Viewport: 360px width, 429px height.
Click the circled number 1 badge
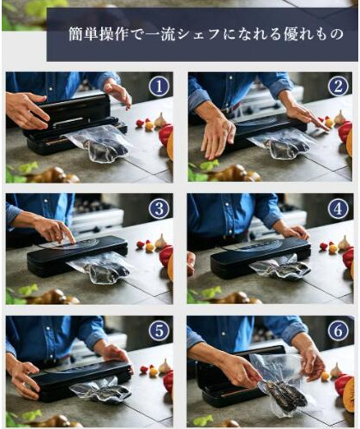(x=159, y=87)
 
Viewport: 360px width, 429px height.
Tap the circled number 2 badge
(x=338, y=87)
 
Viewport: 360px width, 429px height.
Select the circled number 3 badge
(x=159, y=208)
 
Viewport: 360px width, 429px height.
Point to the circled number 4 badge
(x=338, y=208)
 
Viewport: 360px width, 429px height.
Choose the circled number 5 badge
(x=159, y=331)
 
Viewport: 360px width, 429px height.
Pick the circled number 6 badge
(x=338, y=331)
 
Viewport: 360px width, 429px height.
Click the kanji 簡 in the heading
(x=75, y=34)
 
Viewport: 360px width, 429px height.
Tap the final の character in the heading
(x=336, y=34)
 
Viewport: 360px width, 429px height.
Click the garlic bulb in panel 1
(x=161, y=119)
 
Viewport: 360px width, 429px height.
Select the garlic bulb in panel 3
(x=161, y=241)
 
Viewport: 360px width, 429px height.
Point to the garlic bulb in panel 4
(x=344, y=243)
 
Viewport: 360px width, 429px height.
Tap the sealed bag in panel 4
(x=280, y=269)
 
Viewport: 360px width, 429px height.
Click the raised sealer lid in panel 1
(x=71, y=109)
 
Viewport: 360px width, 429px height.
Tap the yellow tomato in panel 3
(x=150, y=247)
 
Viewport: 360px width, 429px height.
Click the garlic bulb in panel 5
(x=165, y=366)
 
